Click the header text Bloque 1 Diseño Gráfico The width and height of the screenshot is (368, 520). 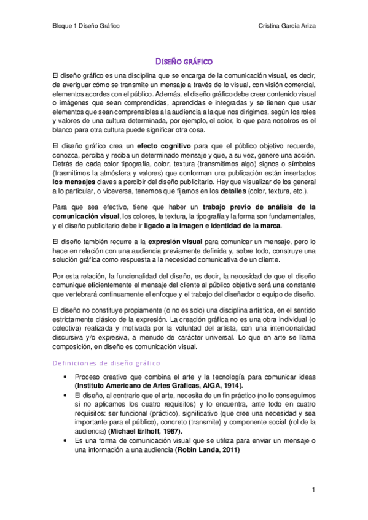(85, 26)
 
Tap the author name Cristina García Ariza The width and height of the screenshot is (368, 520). (289, 26)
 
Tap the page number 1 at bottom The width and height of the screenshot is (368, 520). (313, 490)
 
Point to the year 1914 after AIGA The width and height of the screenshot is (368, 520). (230, 385)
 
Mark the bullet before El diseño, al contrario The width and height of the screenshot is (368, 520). (63, 396)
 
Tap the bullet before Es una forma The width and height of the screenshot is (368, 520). (63, 441)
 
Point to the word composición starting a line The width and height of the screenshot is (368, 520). (72, 346)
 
